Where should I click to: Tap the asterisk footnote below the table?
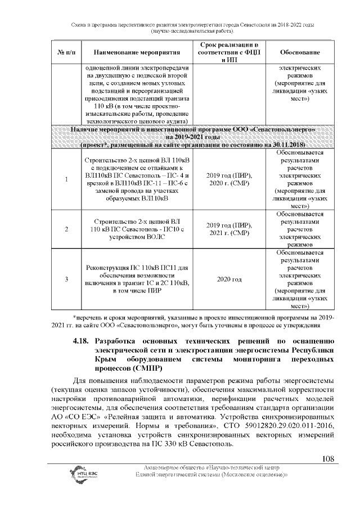click(203, 321)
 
